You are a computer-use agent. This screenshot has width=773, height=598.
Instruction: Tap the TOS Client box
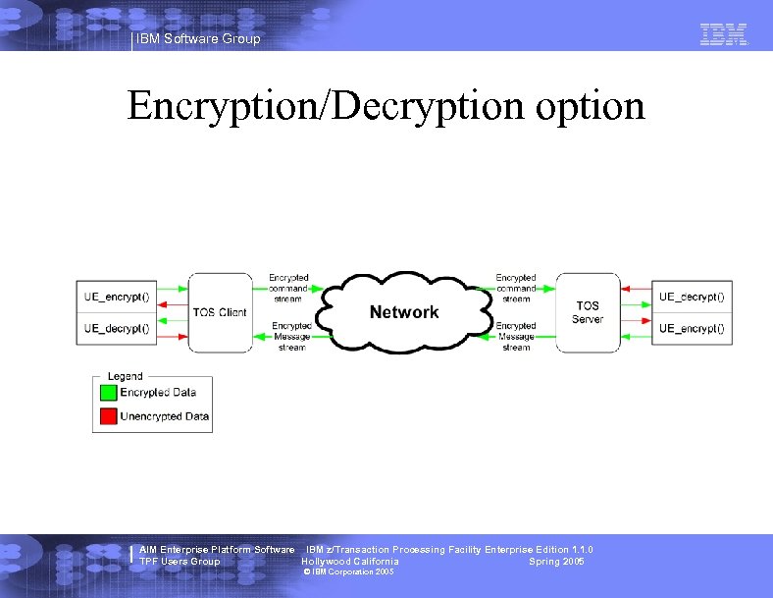220,312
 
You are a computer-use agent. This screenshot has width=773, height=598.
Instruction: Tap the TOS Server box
588,312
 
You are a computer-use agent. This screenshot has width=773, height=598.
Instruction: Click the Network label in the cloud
404,312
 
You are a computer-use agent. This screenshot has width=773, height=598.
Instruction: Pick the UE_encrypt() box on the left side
117,297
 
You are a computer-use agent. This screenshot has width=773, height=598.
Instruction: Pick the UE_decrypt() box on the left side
117,328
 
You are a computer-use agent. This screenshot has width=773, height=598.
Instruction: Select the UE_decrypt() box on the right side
693,297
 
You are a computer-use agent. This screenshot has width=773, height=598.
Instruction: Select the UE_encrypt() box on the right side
693,328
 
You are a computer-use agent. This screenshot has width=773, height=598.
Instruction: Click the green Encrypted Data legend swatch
107,393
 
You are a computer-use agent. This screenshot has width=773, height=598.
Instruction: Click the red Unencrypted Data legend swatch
107,416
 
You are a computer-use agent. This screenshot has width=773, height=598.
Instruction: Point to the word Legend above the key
125,376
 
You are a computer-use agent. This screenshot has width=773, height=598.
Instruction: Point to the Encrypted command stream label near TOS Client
288,288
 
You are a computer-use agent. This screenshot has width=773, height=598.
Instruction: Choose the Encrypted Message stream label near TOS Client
291,336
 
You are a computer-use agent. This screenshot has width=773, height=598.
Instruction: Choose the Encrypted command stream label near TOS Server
516,288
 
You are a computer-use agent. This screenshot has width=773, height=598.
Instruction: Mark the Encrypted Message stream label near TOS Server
516,336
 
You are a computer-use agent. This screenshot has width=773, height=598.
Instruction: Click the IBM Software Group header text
198,39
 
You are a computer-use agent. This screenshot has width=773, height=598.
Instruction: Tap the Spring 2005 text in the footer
556,562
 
